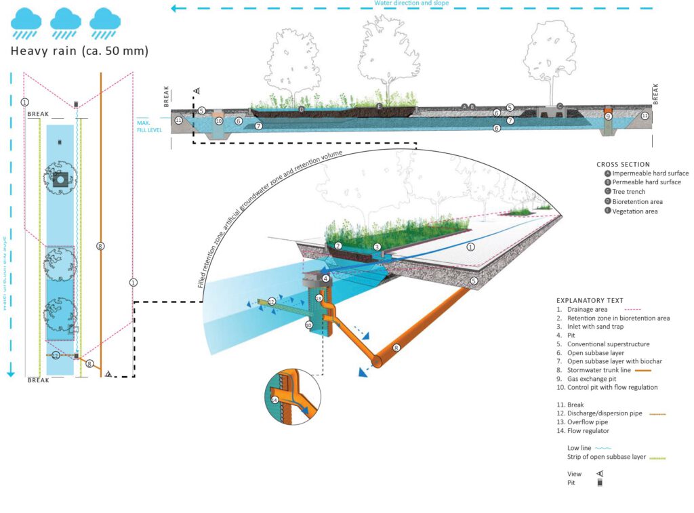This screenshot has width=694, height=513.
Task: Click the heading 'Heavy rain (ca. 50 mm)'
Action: click(80, 52)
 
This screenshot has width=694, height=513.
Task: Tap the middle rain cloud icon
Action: click(66, 21)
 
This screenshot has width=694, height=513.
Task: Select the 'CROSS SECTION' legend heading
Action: click(623, 164)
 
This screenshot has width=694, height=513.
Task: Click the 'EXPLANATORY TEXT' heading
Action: click(590, 300)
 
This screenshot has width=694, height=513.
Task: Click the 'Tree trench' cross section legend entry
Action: click(631, 192)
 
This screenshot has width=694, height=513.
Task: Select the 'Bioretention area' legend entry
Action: click(637, 201)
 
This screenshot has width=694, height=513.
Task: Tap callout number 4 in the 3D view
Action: click(326, 279)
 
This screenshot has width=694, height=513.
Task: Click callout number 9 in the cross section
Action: click(608, 117)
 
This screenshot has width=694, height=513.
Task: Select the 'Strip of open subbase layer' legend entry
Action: click(607, 457)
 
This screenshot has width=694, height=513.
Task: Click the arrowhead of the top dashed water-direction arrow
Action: click(175, 9)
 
